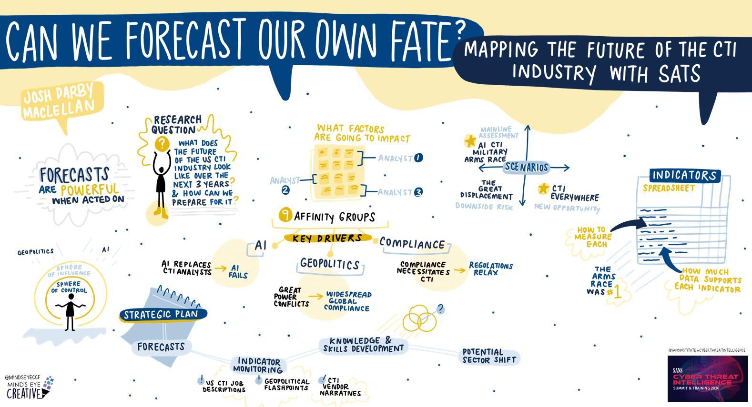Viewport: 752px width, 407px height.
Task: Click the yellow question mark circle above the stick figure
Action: pyautogui.click(x=163, y=144)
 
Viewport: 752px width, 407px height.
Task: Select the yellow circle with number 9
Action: pyautogui.click(x=286, y=216)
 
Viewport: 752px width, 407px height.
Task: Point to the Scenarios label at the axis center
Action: pyautogui.click(x=527, y=168)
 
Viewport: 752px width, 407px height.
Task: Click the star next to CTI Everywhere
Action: pyautogui.click(x=543, y=189)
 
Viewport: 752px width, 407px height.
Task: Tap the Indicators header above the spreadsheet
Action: pyautogui.click(x=684, y=175)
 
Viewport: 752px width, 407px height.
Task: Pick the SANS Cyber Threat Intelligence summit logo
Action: pyautogui.click(x=708, y=378)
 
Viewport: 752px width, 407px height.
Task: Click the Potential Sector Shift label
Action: pyautogui.click(x=489, y=356)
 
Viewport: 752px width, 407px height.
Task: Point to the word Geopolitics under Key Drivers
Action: pyautogui.click(x=330, y=264)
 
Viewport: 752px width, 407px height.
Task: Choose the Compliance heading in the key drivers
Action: pyautogui.click(x=412, y=244)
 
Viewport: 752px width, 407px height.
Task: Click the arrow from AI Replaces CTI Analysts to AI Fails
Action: pyautogui.click(x=221, y=268)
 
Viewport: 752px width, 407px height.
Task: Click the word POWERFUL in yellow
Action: pyautogui.click(x=90, y=189)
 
